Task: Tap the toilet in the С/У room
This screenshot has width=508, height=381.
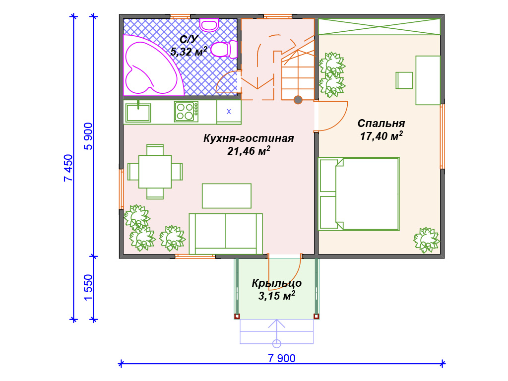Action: point(224,50)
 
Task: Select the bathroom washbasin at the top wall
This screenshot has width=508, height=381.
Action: point(209,25)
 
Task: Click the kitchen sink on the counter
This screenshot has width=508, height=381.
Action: point(138,112)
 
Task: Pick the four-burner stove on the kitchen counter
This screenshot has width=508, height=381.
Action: point(187,112)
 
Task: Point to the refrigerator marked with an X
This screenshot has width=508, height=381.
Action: point(229,112)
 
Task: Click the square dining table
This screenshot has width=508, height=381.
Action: point(155,172)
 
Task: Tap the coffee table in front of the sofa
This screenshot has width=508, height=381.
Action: point(226,195)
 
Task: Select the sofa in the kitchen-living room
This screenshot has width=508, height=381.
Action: point(226,234)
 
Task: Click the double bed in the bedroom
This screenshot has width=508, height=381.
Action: point(359,194)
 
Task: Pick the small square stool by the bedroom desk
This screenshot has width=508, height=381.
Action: point(404,80)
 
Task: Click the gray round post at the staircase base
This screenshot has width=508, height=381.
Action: point(298,100)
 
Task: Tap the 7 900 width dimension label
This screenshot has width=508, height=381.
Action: point(282,358)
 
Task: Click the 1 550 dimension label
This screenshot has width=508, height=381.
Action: point(88,288)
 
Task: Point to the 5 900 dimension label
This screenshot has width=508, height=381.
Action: point(88,136)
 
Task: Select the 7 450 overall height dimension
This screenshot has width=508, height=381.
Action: point(68,168)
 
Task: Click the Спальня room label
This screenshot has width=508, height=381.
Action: point(381,124)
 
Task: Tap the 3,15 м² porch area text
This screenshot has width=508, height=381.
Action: point(277,296)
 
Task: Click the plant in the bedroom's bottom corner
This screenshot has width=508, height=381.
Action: point(426,240)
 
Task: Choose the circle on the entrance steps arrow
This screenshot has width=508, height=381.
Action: point(277,343)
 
